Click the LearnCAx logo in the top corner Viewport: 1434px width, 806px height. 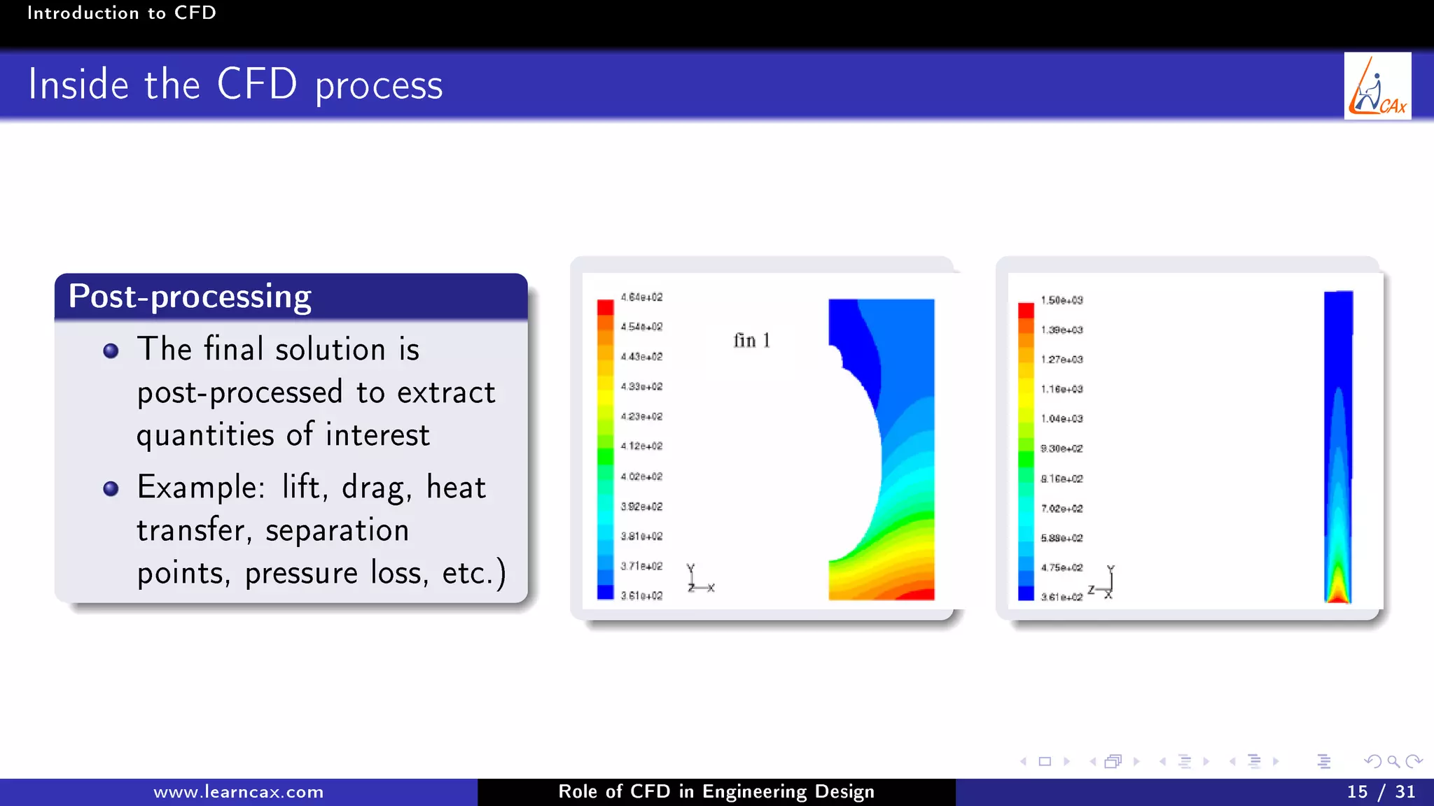[1377, 86]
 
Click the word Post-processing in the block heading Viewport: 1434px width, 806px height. [190, 297]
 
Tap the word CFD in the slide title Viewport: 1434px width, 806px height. [257, 85]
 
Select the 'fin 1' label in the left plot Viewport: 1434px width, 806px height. [751, 341]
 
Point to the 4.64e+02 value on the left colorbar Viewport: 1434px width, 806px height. [641, 297]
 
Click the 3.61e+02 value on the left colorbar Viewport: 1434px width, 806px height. [641, 596]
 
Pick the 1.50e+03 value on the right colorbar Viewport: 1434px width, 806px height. [1061, 300]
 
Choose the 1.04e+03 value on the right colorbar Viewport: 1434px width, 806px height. [1061, 419]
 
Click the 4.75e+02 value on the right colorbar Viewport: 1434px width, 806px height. [1061, 567]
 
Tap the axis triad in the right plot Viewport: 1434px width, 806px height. [1104, 583]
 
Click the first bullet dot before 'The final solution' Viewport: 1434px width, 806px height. [111, 351]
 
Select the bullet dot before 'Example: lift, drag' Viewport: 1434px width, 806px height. [111, 488]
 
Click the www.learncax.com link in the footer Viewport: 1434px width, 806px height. [238, 792]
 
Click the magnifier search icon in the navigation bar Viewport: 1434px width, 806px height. [1393, 761]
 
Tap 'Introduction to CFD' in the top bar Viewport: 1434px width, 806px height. [121, 13]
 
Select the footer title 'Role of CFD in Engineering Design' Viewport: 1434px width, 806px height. [716, 792]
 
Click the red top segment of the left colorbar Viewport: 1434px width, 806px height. [605, 307]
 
